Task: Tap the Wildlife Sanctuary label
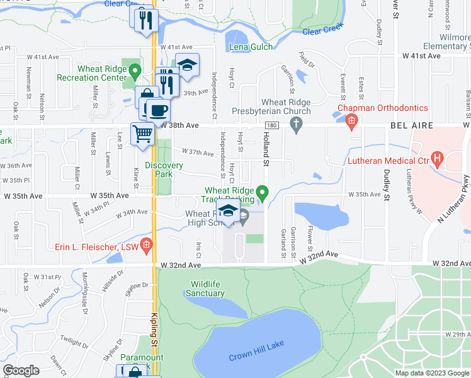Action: [x=205, y=289]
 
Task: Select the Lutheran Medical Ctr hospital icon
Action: [x=437, y=156]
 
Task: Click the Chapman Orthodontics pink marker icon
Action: [x=351, y=120]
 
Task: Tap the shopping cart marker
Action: [x=143, y=134]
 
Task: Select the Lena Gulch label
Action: [x=251, y=47]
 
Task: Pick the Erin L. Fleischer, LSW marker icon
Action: [x=147, y=245]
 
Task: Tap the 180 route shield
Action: [x=270, y=126]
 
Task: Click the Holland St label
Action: [x=266, y=154]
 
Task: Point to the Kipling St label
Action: [x=154, y=329]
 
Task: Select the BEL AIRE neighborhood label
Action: [x=412, y=126]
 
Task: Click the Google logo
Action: [x=21, y=370]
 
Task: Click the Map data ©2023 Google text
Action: [x=432, y=373]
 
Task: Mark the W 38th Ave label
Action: [x=180, y=126]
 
